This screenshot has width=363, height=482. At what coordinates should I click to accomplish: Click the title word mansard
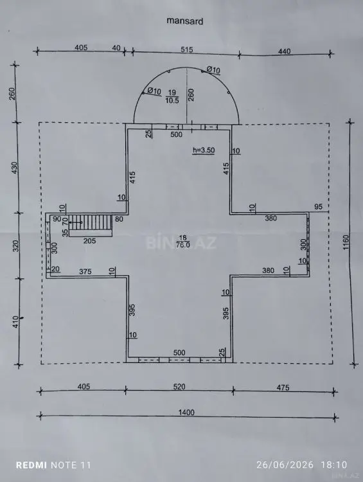coord(185,21)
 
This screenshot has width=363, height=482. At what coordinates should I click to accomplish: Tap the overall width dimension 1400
coord(186,412)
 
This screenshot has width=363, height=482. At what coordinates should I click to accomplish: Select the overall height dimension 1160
coord(346,242)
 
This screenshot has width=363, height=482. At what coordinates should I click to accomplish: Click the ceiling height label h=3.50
coord(204,150)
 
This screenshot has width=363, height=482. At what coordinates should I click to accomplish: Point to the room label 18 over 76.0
coord(183,241)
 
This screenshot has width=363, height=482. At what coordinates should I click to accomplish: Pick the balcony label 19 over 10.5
coord(172,96)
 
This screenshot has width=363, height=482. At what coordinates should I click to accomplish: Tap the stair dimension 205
coord(89,241)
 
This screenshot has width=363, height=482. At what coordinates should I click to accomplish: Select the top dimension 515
coord(186,49)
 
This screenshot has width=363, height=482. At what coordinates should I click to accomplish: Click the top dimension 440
coord(285,51)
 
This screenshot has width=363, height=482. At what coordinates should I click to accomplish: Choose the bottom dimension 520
coord(179,386)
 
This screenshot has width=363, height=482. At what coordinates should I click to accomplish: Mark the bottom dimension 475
coord(283,388)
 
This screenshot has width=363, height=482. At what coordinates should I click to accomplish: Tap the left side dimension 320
coord(16,246)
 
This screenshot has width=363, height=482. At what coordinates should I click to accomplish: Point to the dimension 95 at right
coord(319,206)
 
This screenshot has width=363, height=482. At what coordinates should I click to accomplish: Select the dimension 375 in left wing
coord(85,271)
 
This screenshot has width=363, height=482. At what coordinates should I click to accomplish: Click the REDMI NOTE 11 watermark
coord(53,465)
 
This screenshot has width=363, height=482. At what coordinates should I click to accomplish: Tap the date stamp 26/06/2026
coord(285,465)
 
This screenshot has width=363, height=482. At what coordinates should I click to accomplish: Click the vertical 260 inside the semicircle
coord(191,95)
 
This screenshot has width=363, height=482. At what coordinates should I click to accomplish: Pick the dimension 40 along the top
coord(116,48)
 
